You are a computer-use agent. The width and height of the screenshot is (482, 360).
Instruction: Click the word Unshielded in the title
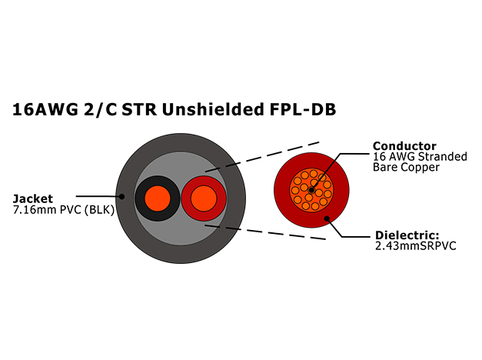click(x=213, y=109)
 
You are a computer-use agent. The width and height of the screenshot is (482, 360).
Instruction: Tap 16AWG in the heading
click(x=45, y=109)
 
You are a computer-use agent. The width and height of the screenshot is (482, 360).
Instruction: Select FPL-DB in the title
click(x=303, y=109)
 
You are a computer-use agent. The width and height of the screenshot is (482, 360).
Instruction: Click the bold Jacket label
click(x=33, y=198)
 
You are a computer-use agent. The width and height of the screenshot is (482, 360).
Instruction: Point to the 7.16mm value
click(x=35, y=210)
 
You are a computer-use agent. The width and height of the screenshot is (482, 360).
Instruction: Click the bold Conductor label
click(x=404, y=145)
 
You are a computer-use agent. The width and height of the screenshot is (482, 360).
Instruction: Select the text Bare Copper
click(x=406, y=168)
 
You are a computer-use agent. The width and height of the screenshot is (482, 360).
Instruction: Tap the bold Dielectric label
click(x=407, y=235)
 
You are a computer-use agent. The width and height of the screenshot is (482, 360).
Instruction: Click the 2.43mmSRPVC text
click(x=416, y=246)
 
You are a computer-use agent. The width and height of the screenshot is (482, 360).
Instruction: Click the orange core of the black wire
click(x=157, y=198)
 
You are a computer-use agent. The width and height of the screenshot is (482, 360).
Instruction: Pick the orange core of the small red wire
click(x=204, y=198)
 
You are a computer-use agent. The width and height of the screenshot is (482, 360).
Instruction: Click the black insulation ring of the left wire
click(x=140, y=198)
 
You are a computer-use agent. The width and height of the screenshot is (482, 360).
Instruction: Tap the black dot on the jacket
click(x=121, y=196)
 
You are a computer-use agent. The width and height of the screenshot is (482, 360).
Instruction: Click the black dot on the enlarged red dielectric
click(x=327, y=218)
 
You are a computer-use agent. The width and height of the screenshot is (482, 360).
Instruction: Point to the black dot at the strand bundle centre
click(x=311, y=190)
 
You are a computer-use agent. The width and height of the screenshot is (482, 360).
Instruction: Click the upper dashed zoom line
click(x=263, y=157)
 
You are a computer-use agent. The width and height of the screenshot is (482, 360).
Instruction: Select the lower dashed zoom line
click(x=265, y=232)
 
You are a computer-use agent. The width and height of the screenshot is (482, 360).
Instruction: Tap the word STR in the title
click(x=139, y=109)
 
